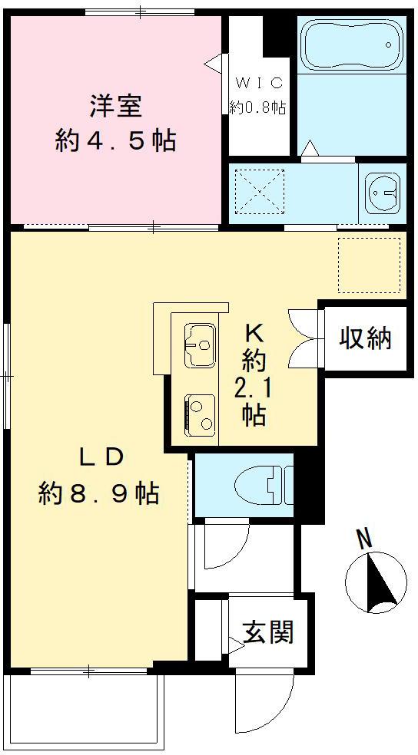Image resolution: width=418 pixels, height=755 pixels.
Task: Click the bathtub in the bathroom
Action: click(351, 45)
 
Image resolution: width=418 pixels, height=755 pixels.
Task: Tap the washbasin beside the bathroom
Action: click(381, 190)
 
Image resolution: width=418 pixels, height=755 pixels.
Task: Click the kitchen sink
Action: click(200, 345)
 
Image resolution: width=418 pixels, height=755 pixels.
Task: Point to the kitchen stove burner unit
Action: click(200, 414)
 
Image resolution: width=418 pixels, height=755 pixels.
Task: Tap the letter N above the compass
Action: click(365, 539)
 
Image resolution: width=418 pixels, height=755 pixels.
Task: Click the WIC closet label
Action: click(259, 83)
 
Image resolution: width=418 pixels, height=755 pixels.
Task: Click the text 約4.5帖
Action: click(115, 141)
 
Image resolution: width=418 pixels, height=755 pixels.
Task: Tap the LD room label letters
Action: click(101, 458)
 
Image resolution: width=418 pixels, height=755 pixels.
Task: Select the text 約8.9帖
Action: click(99, 493)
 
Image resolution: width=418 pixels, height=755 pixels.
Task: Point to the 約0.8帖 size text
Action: click(258, 107)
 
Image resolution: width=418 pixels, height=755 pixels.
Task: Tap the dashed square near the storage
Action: click(370, 264)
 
